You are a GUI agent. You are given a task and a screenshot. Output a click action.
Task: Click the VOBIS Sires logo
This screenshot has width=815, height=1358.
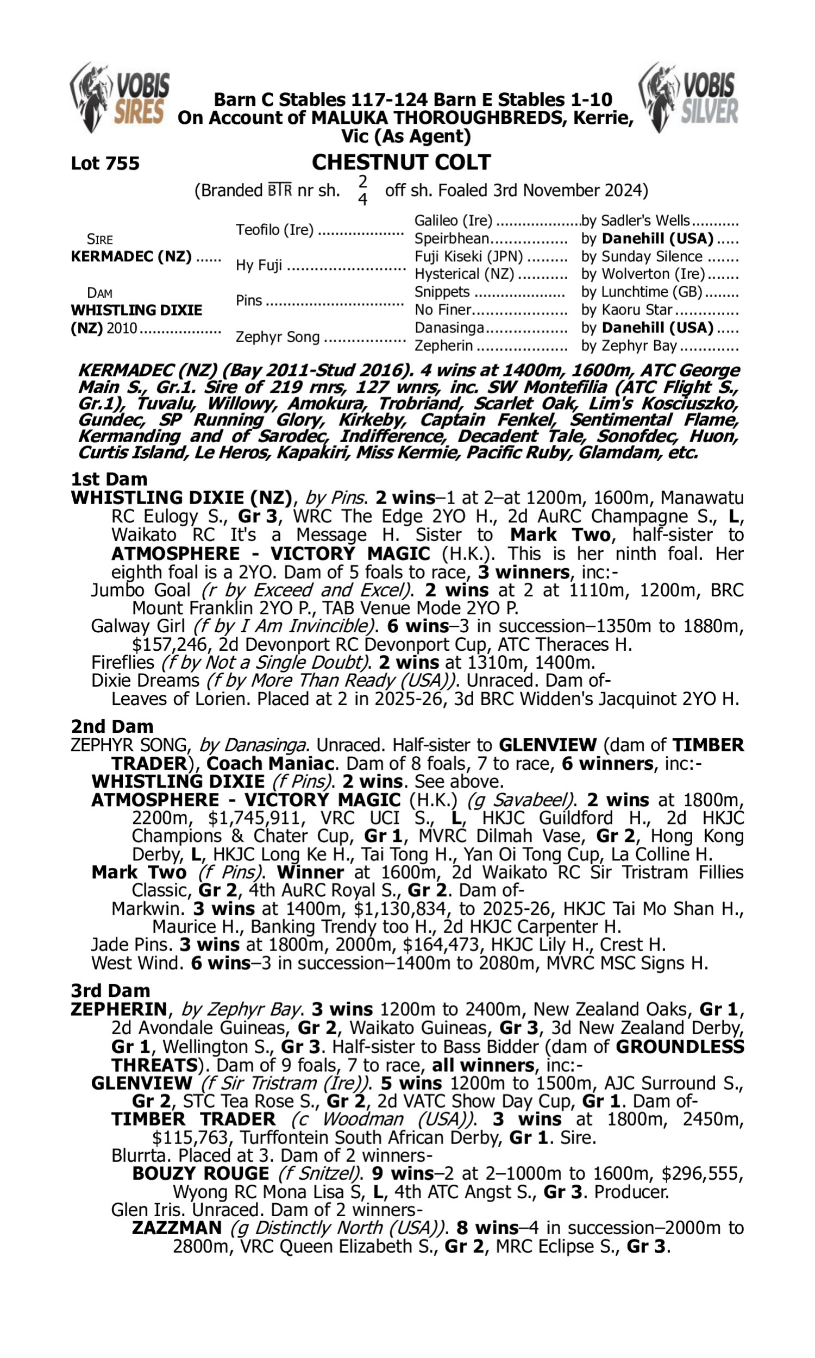point(120,97)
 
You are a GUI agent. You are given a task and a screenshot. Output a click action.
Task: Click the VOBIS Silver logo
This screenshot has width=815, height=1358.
point(689,97)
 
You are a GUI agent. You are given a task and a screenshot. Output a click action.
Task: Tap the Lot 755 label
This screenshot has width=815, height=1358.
point(105,163)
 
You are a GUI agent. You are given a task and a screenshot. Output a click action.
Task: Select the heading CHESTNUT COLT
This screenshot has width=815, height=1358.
point(401,162)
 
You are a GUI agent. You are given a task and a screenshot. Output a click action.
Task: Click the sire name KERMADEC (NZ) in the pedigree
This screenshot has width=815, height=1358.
point(131,256)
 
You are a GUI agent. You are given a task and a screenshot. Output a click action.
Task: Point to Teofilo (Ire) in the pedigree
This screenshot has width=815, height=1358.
point(274,229)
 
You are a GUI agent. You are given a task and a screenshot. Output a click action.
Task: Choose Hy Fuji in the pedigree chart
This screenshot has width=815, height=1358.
point(259,265)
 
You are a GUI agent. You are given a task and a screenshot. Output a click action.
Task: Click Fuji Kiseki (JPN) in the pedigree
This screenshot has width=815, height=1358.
point(468,256)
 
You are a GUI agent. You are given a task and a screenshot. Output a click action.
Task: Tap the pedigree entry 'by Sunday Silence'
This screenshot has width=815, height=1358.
point(642,256)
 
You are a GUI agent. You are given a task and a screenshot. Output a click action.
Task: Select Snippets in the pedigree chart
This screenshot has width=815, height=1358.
point(442,292)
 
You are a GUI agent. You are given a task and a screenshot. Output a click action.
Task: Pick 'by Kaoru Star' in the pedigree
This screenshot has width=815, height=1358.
point(626,310)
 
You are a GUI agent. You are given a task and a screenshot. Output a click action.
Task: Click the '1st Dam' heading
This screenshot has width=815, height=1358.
point(109,479)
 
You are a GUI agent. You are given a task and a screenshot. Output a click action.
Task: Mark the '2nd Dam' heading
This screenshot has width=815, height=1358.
point(112,726)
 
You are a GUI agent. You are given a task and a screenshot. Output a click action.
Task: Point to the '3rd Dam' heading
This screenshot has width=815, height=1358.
point(110,990)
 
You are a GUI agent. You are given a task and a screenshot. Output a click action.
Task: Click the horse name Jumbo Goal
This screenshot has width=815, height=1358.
point(141,590)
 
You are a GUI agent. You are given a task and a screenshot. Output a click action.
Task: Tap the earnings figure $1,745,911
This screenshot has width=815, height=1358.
point(255,818)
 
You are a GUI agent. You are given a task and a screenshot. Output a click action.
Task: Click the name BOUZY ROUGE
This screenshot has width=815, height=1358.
point(200,1173)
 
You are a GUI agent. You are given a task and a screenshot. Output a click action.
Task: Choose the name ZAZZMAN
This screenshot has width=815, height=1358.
point(177,1227)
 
